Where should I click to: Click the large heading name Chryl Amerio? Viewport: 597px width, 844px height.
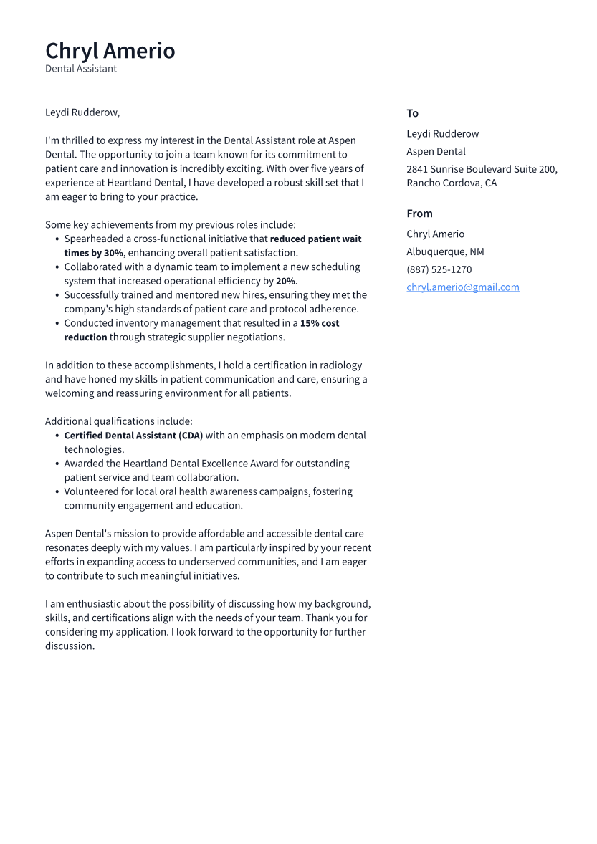click(x=110, y=51)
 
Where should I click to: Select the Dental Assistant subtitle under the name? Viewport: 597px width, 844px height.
click(x=81, y=69)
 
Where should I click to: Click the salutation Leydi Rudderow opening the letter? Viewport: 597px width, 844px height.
click(x=82, y=112)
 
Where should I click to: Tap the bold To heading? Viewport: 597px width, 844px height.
click(x=412, y=113)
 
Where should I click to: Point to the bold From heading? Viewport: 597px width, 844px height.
click(x=419, y=214)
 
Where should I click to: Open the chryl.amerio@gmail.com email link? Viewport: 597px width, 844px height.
click(x=462, y=287)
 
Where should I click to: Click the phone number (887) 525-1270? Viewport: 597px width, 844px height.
click(x=439, y=269)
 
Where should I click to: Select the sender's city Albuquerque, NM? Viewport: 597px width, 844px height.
click(x=445, y=251)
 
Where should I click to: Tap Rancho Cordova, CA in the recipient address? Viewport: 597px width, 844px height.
click(x=451, y=183)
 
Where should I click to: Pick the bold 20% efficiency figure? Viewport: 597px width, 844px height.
click(x=285, y=282)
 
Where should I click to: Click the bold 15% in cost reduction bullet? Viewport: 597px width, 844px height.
click(x=310, y=323)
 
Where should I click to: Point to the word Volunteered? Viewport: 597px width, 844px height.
click(x=93, y=491)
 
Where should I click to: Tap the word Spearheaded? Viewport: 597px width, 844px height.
click(x=94, y=239)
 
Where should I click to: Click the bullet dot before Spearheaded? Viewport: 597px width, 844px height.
click(x=57, y=239)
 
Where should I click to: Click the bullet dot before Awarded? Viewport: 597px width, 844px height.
click(x=57, y=464)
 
